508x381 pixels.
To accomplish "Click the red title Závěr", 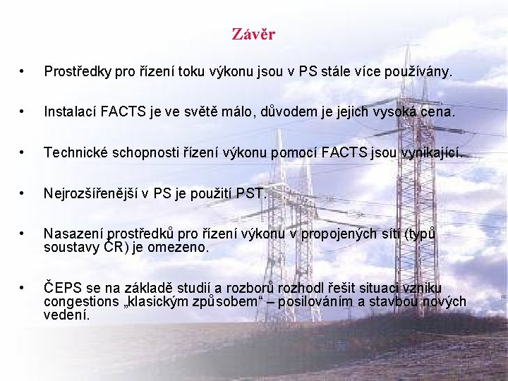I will (x=253, y=34).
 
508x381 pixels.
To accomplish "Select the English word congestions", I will (x=81, y=302).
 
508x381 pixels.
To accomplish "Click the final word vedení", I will (x=66, y=315).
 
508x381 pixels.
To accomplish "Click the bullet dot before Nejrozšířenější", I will (x=24, y=193).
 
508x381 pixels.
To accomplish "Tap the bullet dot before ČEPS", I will (x=24, y=288).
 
